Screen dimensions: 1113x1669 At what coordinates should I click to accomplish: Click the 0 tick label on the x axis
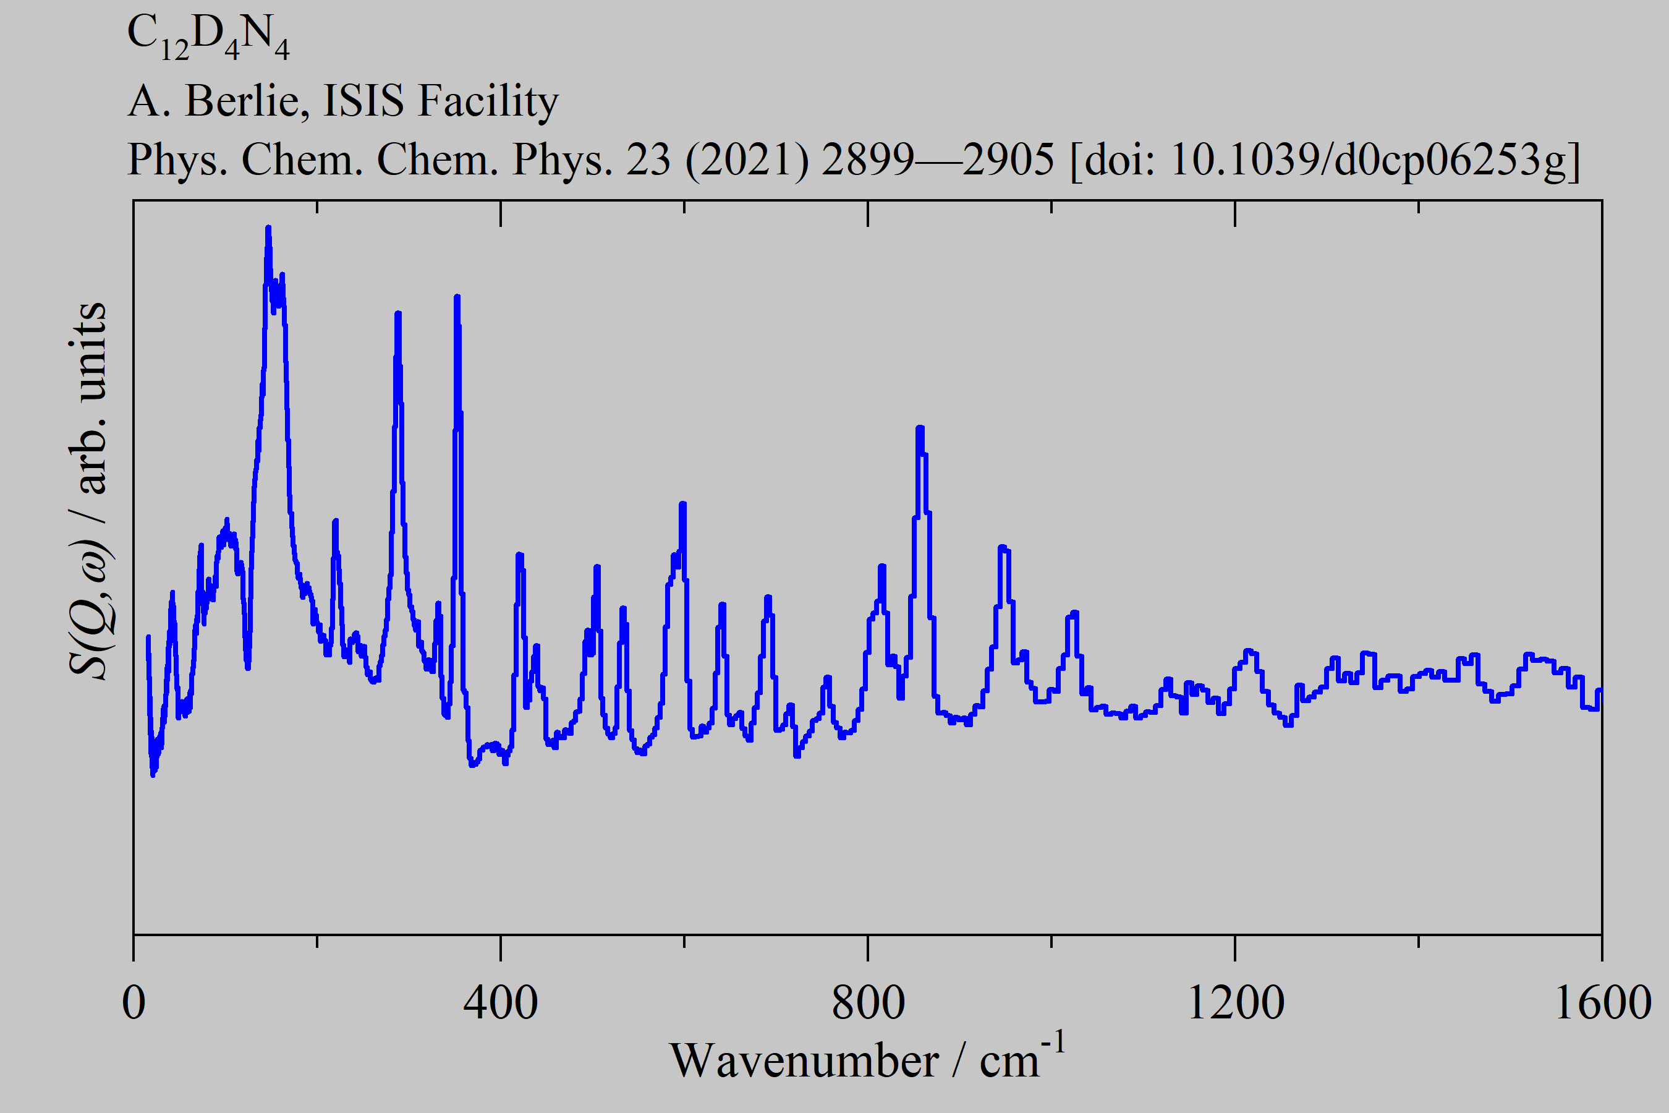[x=134, y=1004]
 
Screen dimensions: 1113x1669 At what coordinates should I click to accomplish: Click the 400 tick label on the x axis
[x=500, y=1004]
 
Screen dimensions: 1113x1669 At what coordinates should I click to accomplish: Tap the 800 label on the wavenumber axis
[x=868, y=1004]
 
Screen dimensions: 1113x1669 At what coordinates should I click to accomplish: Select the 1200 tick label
[x=1234, y=1004]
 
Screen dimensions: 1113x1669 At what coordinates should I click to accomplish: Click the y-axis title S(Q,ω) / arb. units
[x=88, y=490]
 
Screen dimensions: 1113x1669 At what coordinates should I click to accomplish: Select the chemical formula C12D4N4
[x=208, y=37]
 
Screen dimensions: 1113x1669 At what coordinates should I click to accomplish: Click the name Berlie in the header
[x=246, y=101]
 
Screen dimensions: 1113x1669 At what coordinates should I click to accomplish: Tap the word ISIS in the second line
[x=363, y=101]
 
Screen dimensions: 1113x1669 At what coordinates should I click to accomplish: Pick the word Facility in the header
[x=488, y=101]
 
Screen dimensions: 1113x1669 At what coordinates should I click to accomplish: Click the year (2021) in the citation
[x=747, y=160]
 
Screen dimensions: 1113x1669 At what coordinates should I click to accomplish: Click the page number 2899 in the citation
[x=867, y=160]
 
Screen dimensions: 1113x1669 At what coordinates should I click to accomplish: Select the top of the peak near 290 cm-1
[x=398, y=313]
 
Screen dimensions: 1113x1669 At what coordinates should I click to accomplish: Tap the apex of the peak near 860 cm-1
[x=920, y=428]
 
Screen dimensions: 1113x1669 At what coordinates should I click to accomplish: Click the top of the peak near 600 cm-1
[x=682, y=504]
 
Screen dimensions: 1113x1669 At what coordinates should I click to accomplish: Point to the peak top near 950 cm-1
[x=1002, y=547]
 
